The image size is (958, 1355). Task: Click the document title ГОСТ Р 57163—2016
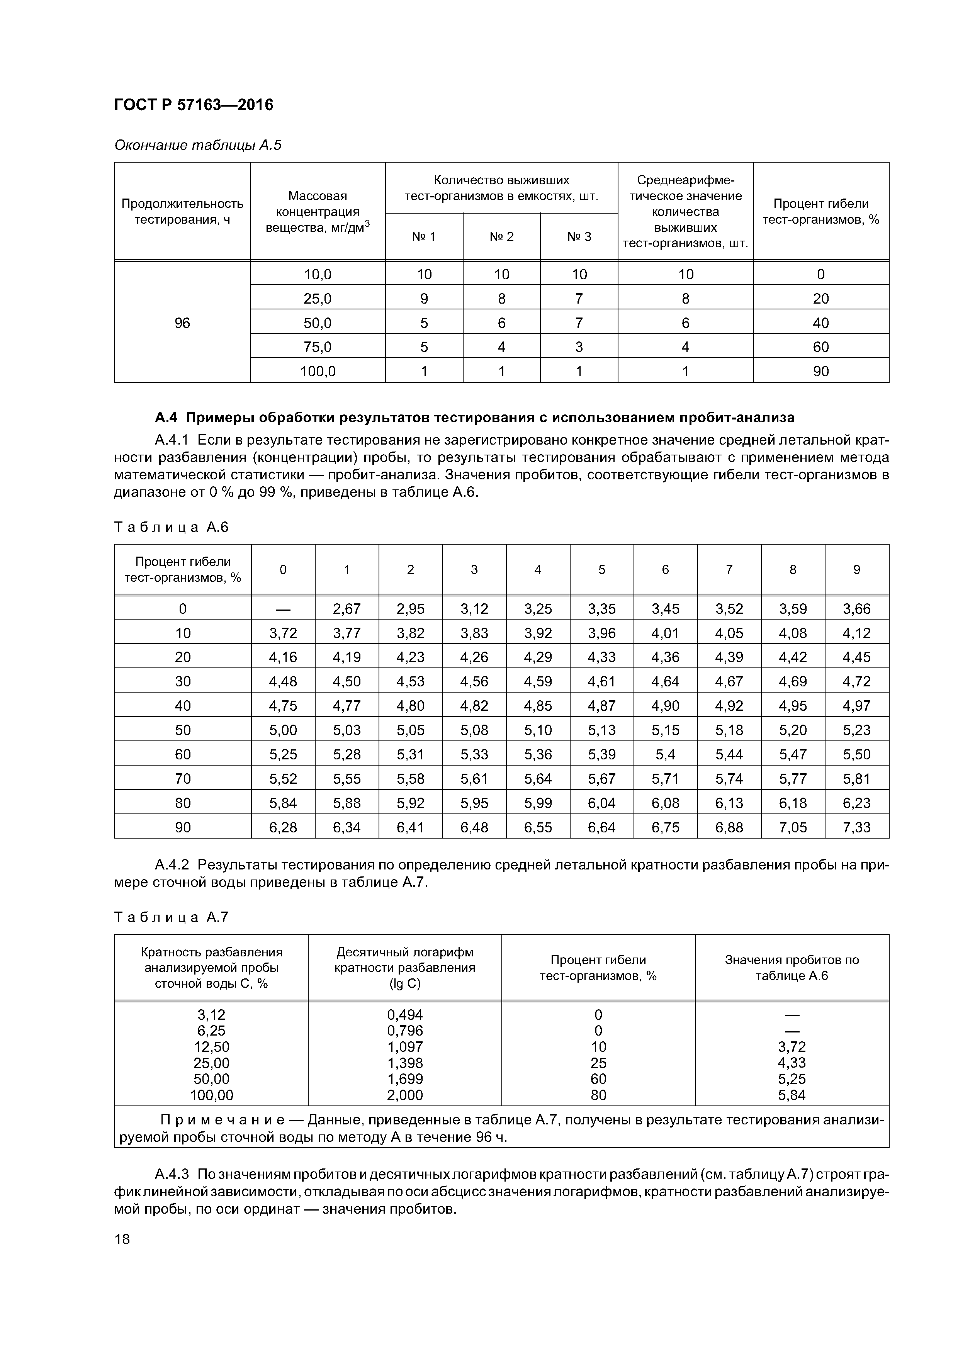click(x=193, y=105)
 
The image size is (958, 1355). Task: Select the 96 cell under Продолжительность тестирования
click(x=182, y=323)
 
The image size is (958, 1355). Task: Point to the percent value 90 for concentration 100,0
click(x=820, y=371)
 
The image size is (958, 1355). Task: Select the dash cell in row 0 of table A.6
click(x=283, y=608)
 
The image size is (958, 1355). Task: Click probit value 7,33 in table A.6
click(x=856, y=827)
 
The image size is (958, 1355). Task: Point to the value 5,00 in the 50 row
click(x=283, y=730)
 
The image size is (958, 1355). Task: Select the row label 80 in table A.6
click(x=183, y=803)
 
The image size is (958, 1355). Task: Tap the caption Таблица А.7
click(x=171, y=917)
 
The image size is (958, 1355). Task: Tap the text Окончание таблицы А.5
click(x=198, y=145)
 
